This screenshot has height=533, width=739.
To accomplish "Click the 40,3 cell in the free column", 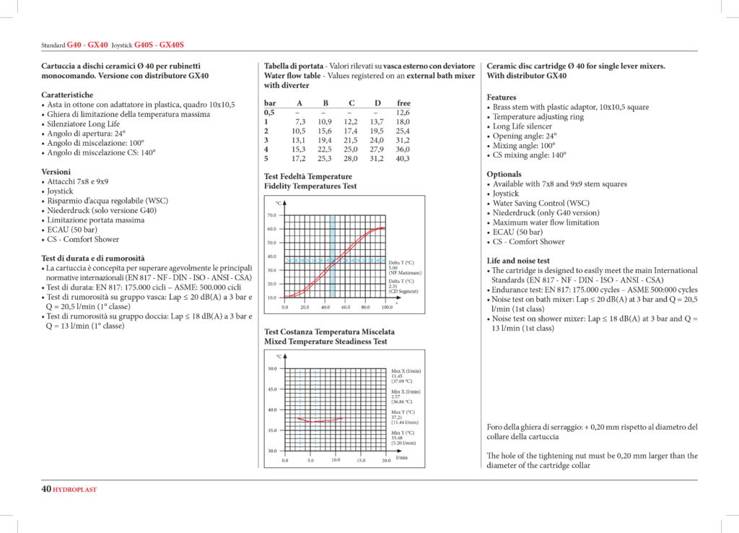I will pyautogui.click(x=402, y=158).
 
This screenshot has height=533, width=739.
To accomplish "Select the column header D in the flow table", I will pyautogui.click(x=377, y=103).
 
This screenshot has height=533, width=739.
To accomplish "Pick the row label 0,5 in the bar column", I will pyautogui.click(x=269, y=113).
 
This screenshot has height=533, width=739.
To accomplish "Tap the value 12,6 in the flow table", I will pyautogui.click(x=403, y=113).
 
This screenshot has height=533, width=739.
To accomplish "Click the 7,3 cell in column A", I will pyautogui.click(x=300, y=122).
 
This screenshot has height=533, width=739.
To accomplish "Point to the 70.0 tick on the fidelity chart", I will pyautogui.click(x=271, y=215).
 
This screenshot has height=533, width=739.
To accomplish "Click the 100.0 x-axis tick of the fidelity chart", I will pyautogui.click(x=388, y=307).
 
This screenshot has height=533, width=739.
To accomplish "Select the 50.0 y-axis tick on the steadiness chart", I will pyautogui.click(x=271, y=368).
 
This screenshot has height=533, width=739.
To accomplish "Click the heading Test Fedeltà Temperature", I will pyautogui.click(x=308, y=176).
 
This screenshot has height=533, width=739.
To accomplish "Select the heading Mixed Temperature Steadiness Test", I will pyautogui.click(x=325, y=342).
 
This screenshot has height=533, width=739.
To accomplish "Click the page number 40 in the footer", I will pyautogui.click(x=45, y=489).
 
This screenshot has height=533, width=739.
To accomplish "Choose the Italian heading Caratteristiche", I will pyautogui.click(x=67, y=95).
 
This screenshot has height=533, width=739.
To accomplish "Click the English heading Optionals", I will pyautogui.click(x=504, y=174).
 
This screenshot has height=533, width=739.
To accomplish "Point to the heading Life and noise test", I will pyautogui.click(x=518, y=261).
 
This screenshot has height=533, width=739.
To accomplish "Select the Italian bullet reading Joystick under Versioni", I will pyautogui.click(x=63, y=191).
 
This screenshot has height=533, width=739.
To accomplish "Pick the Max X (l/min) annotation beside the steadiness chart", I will pyautogui.click(x=406, y=370).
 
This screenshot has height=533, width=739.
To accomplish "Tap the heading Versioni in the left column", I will pyautogui.click(x=56, y=172).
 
